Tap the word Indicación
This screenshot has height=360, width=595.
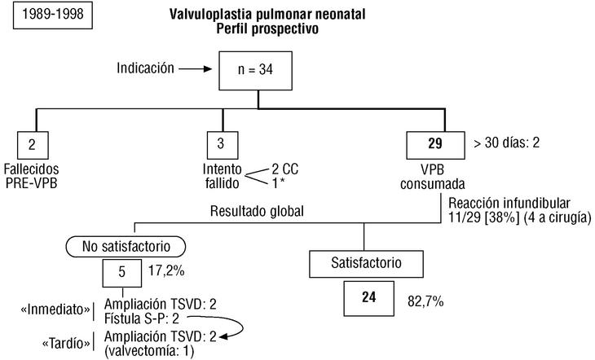[145, 69]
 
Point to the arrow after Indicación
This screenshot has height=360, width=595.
[196, 70]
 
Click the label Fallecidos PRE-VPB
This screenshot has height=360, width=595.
[32, 176]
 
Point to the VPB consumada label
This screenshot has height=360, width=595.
[433, 176]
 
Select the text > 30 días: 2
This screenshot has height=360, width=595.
[506, 143]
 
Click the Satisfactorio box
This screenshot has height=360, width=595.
[366, 264]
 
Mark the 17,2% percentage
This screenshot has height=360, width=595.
[164, 266]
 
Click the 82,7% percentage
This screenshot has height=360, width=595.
[424, 301]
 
